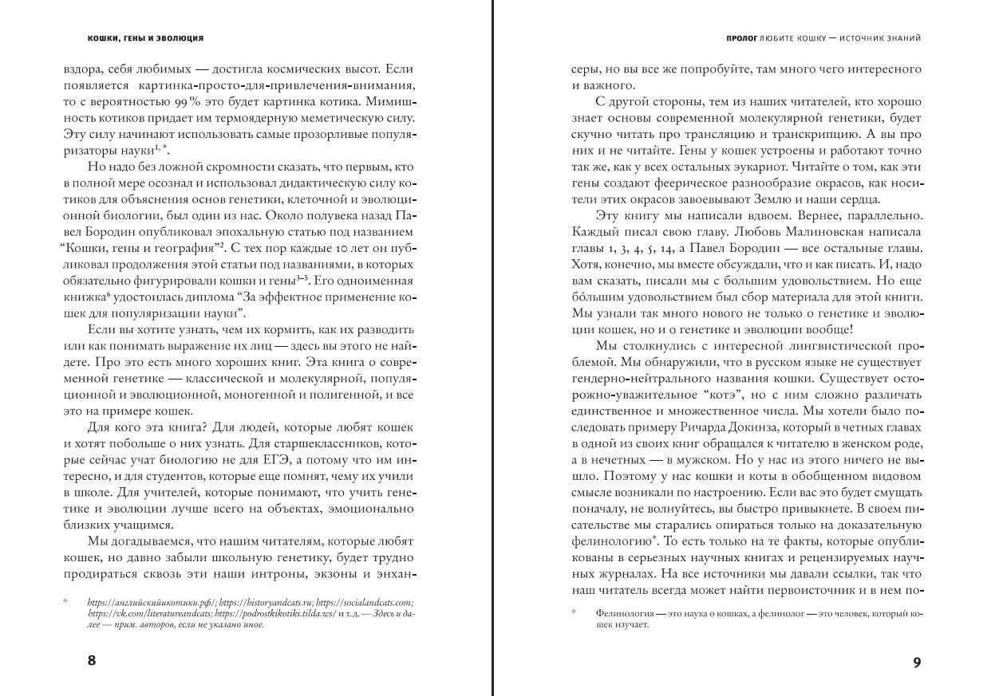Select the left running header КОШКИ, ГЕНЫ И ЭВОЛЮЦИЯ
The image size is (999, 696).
pyautogui.click(x=145, y=37)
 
